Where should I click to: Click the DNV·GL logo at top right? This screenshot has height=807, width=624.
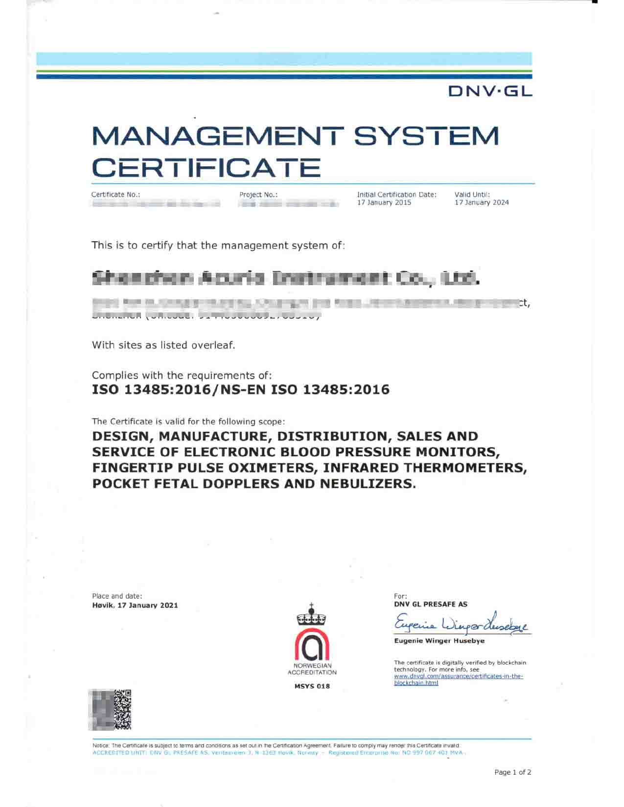490,91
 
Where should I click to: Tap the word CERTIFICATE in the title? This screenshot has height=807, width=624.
207,167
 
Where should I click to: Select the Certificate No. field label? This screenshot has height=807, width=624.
116,194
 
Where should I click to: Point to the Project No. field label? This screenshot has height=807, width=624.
258,194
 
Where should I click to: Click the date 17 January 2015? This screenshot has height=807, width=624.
384,202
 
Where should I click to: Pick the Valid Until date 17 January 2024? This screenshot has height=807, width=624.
482,202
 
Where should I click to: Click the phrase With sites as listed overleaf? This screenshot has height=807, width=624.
163,345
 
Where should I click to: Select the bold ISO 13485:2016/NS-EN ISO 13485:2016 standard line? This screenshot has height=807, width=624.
241,390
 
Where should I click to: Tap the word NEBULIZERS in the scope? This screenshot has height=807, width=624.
368,484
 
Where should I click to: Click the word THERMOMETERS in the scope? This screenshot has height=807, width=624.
466,468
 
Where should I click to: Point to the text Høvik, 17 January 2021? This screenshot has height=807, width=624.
135,605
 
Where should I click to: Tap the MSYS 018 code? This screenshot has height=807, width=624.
312,686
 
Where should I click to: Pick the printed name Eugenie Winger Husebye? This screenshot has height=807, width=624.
439,641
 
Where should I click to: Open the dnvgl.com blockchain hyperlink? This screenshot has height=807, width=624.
459,679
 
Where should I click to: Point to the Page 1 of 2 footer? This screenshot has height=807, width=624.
512,772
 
